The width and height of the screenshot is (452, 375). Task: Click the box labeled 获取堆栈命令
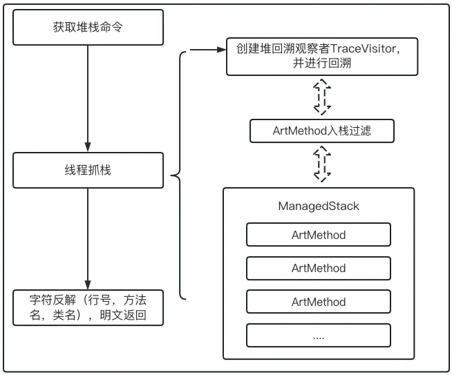point(88,27)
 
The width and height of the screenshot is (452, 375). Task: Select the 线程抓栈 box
point(88,170)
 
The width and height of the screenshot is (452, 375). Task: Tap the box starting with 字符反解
point(88,309)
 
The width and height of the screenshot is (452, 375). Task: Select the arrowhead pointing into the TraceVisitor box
point(220,50)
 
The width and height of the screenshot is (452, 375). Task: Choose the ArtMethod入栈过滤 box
point(321,131)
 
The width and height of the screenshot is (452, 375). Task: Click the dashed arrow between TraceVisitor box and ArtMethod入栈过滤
point(321,97)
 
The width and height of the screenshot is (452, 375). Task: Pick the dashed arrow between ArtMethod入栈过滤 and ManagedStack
point(321,163)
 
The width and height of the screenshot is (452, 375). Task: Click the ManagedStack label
point(319,206)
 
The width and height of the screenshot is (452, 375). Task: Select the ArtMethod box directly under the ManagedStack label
point(319,235)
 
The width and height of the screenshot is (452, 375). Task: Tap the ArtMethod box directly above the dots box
point(319,302)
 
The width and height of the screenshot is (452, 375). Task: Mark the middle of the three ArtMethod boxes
point(319,268)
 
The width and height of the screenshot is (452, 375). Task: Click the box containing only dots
point(319,336)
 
